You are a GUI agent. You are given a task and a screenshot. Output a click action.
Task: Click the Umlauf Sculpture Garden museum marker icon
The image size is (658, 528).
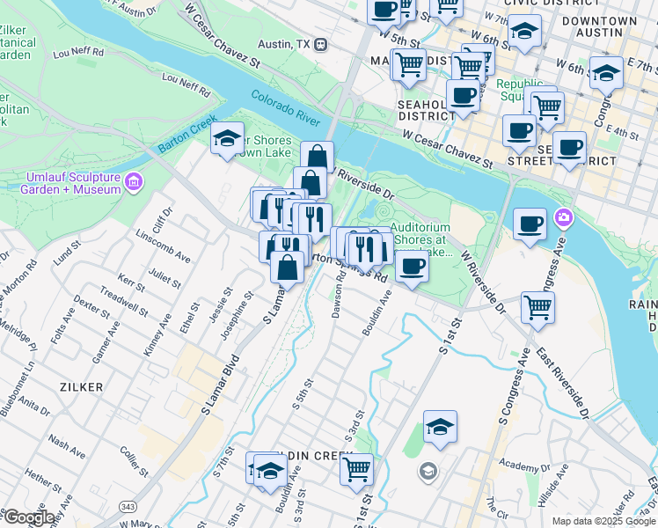134,183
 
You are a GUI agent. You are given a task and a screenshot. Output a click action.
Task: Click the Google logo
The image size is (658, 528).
29,517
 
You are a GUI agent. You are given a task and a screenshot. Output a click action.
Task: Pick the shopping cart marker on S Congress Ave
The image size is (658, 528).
537,308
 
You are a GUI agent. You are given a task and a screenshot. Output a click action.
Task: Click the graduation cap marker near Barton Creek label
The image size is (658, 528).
227,139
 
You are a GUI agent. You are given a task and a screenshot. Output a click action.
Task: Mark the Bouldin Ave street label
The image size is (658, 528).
376,315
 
